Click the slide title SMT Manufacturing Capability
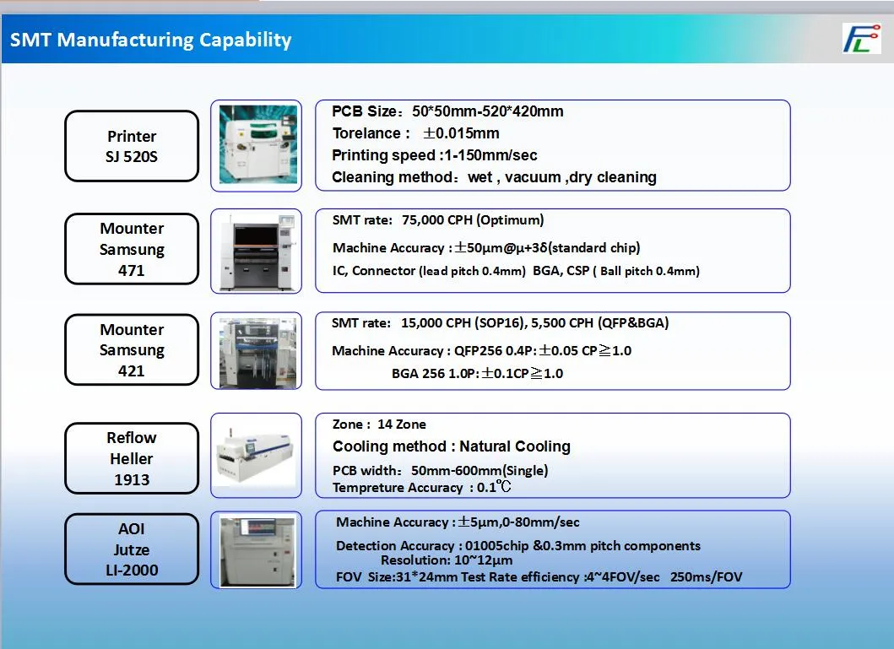(151, 40)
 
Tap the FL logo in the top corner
(860, 39)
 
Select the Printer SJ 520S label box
(132, 146)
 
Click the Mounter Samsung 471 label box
(132, 249)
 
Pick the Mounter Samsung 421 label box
(132, 349)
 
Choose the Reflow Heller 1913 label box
(132, 458)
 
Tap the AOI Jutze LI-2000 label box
(132, 549)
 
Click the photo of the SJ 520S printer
(257, 144)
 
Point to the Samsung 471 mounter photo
(257, 251)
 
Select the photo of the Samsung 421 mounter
(257, 351)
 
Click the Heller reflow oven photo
(257, 456)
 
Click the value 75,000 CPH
(436, 220)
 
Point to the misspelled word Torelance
(366, 133)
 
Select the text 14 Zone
(401, 425)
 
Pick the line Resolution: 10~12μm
(446, 560)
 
